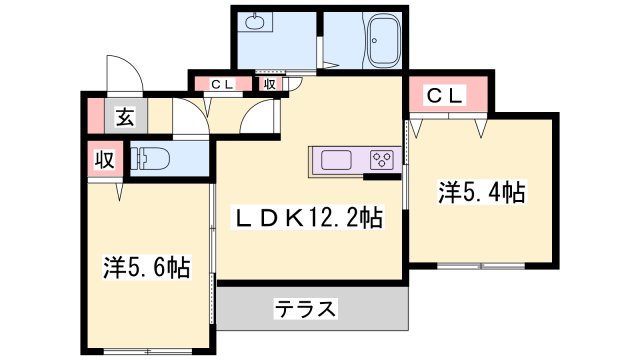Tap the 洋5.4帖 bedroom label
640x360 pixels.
pyautogui.click(x=482, y=193)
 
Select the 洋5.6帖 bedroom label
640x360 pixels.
pyautogui.click(x=146, y=267)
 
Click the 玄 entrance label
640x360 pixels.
pyautogui.click(x=124, y=117)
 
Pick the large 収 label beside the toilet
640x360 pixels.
pyautogui.click(x=104, y=159)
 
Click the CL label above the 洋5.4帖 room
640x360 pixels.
pyautogui.click(x=446, y=96)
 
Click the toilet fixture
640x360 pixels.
pyautogui.click(x=155, y=159)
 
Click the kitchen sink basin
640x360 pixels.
pyautogui.click(x=333, y=160)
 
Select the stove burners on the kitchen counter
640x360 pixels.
pyautogui.click(x=381, y=160)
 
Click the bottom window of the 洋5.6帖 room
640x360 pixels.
pyautogui.click(x=146, y=350)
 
